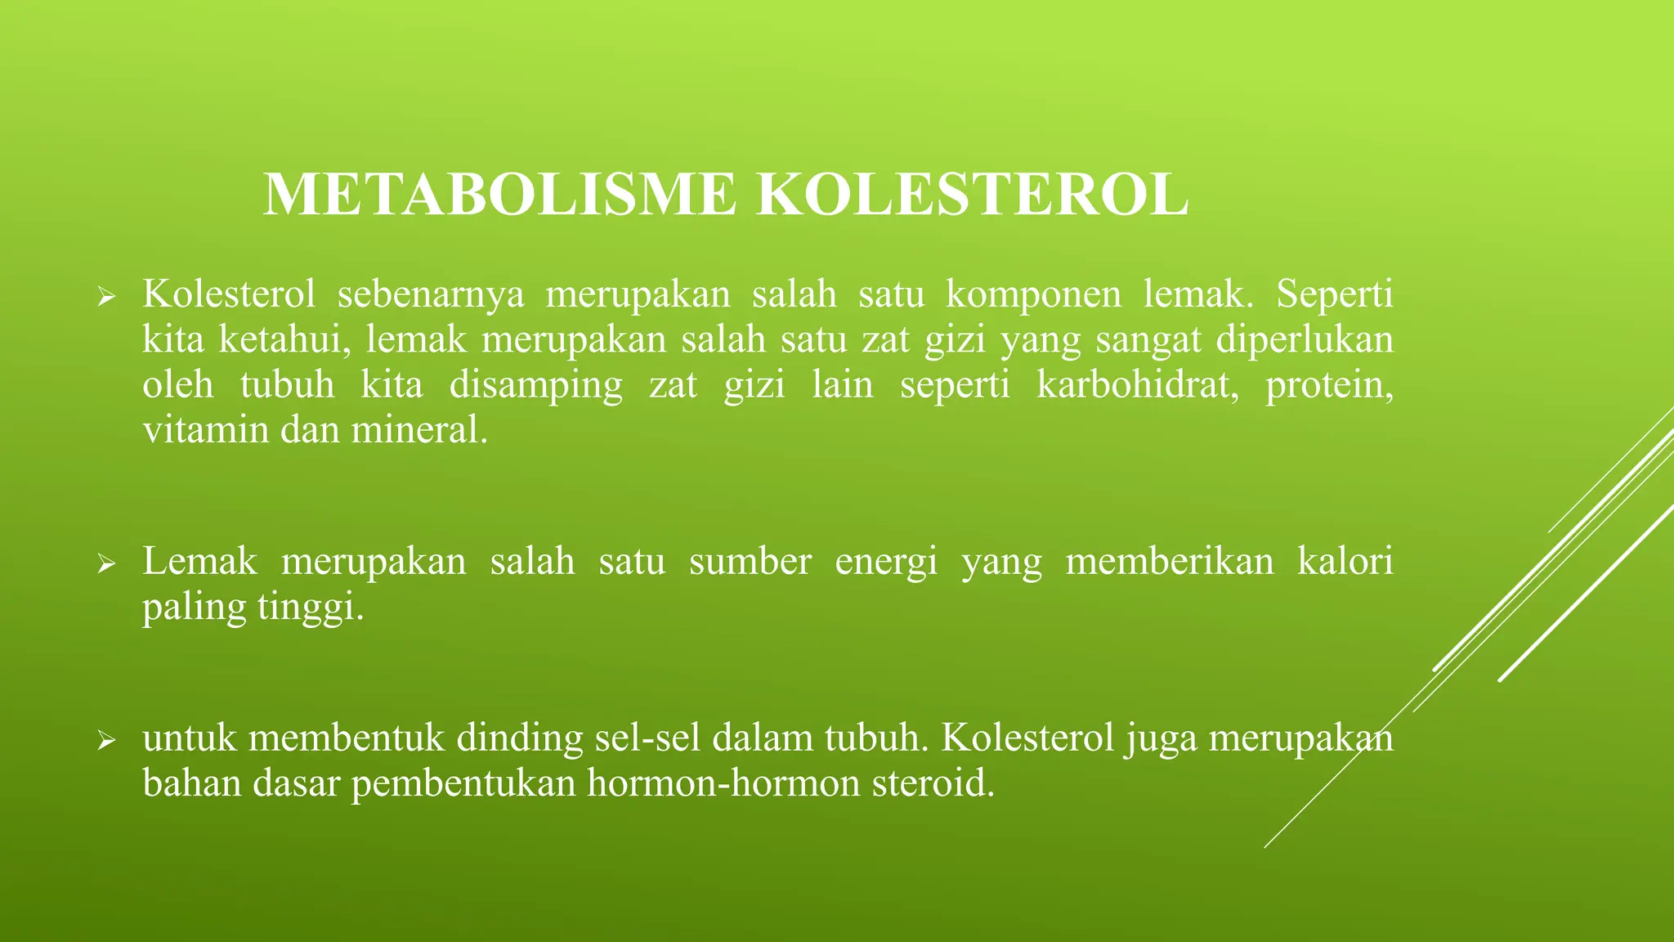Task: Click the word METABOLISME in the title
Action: click(x=499, y=195)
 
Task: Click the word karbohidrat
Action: click(x=1137, y=384)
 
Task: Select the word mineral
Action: click(x=418, y=430)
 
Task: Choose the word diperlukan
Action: click(x=1305, y=340)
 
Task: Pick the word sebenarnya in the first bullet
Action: click(x=430, y=294)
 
